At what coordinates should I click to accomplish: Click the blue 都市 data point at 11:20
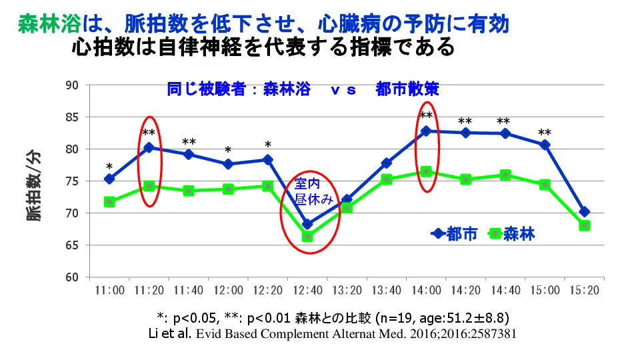pos(149,147)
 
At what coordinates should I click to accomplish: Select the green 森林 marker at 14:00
pos(426,172)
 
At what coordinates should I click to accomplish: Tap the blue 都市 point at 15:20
pos(585,212)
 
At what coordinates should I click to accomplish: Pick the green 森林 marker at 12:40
pos(307,236)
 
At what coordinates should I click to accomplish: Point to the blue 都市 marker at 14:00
pos(426,131)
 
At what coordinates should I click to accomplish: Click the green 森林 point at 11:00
pos(109,202)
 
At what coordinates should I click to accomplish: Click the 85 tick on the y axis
pos(72,117)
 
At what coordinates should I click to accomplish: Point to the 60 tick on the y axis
pos(72,277)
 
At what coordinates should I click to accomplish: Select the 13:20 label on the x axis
pos(347,291)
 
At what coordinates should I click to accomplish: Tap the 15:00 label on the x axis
pos(545,291)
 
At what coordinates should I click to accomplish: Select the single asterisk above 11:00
pos(109,167)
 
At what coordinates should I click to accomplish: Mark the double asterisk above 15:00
pos(545,133)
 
